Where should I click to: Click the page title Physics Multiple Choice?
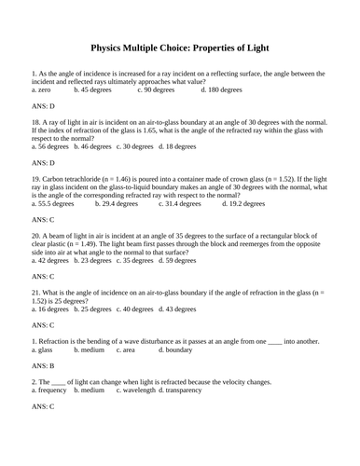pyautogui.click(x=179, y=46)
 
